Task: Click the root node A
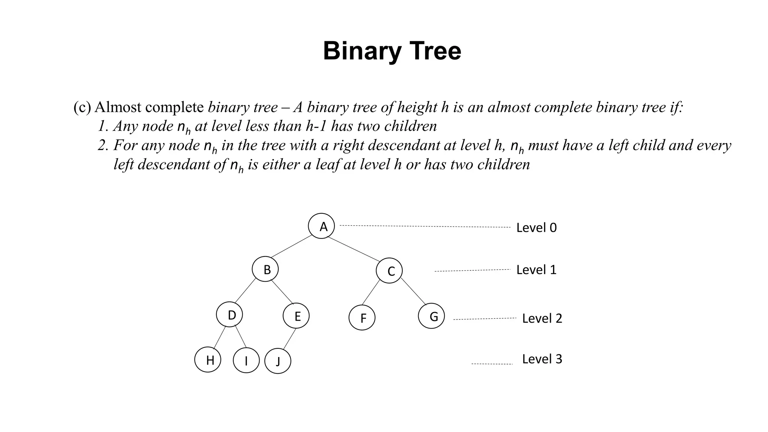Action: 321,226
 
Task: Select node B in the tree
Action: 265,269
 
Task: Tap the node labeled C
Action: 389,270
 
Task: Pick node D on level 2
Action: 229,315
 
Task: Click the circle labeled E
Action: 296,316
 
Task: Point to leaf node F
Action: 362,318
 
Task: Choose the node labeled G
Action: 431,316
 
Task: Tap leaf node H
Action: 208,360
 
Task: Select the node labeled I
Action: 246,360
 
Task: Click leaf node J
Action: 278,361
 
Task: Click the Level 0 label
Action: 536,228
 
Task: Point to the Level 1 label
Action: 536,270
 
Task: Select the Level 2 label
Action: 542,318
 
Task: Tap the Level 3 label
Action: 542,359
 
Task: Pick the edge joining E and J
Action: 289,339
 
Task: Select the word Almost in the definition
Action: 118,107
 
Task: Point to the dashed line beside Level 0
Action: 425,226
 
